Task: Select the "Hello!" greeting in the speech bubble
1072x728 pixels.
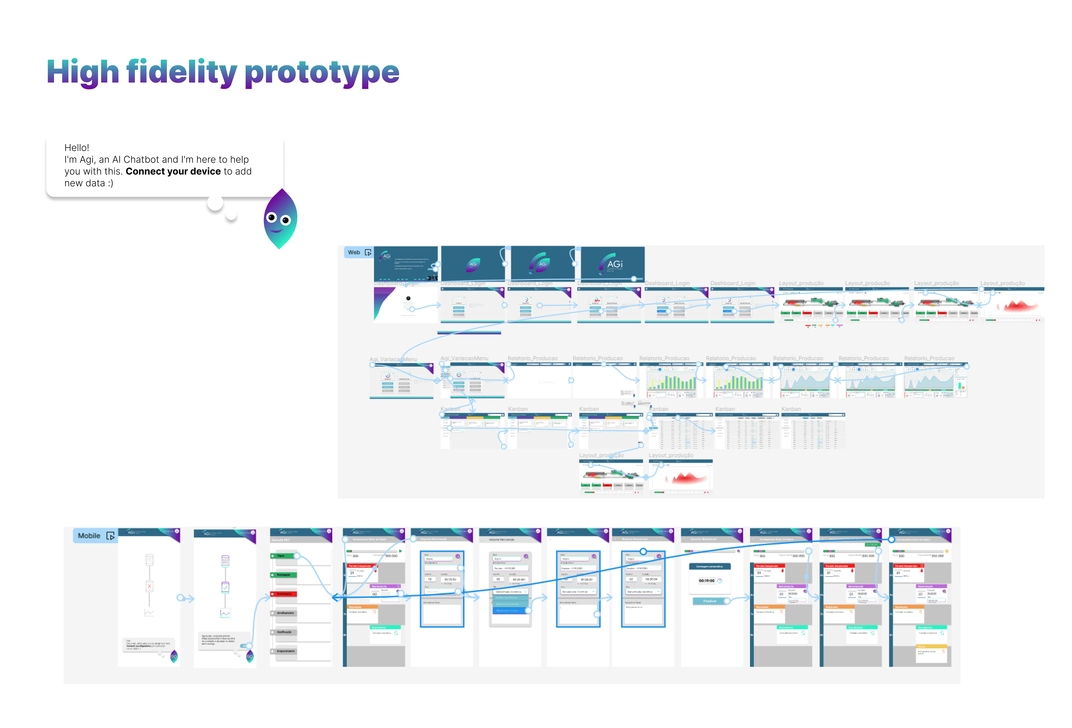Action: click(76, 148)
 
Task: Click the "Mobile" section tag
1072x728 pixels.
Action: click(89, 535)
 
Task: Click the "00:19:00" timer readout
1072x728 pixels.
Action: click(706, 581)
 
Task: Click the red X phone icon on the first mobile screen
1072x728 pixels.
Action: click(149, 586)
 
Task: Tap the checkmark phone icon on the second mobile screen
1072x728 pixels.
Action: click(225, 588)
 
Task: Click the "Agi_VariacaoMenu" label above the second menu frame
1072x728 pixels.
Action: click(464, 358)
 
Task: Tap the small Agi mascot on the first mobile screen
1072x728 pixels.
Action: click(174, 656)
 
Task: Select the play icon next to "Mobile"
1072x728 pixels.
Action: click(111, 536)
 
